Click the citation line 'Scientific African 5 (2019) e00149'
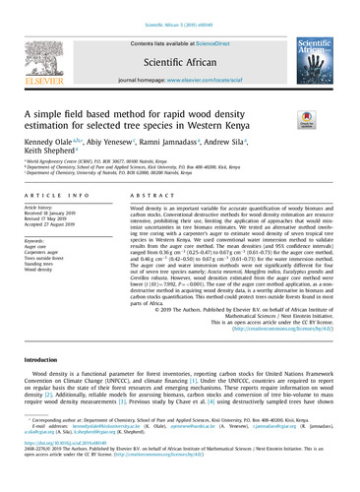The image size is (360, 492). pyautogui.click(x=181, y=6)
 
